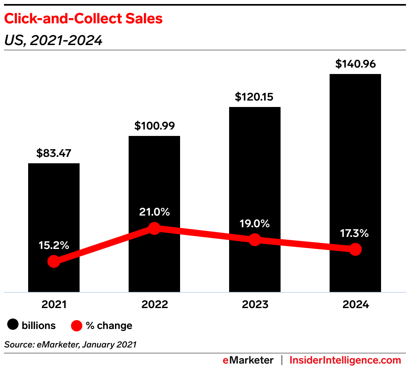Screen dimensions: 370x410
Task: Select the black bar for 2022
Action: [x=154, y=181]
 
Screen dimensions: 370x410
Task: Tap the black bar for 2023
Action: [x=255, y=169]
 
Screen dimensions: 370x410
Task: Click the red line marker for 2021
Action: [x=54, y=261]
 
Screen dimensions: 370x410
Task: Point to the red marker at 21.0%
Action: [x=154, y=228]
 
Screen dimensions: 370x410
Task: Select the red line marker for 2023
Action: [x=255, y=240]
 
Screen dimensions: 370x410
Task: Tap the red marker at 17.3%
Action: [x=355, y=249]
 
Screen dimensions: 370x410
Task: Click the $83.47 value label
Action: [x=54, y=153]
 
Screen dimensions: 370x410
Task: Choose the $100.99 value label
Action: [x=154, y=126]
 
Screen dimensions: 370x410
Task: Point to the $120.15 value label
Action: [x=255, y=97]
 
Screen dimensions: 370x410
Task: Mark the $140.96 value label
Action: [x=355, y=64]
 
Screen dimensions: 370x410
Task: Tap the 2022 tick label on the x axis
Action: [x=154, y=304]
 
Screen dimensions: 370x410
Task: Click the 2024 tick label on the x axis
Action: [x=355, y=304]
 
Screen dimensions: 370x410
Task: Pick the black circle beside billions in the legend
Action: [x=13, y=325]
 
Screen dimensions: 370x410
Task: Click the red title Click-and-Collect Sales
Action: [x=83, y=19]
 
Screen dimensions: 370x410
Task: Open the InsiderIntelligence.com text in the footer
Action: [x=345, y=360]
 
